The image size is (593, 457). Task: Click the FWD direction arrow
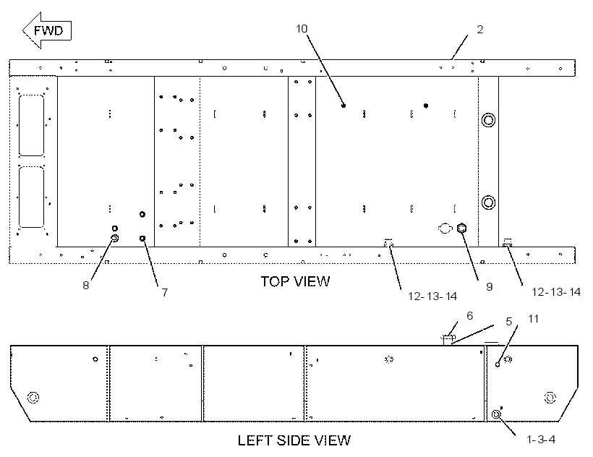[x=46, y=30]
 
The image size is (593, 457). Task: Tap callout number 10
[x=302, y=29]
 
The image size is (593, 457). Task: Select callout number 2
[x=480, y=30]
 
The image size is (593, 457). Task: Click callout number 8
[x=86, y=286]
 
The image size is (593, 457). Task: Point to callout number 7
[x=165, y=293]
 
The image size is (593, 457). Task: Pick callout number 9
[x=489, y=287]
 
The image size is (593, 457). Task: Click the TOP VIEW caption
[x=295, y=281]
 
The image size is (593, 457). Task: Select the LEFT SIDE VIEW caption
[x=294, y=440]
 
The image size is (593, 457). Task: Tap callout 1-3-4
[x=541, y=439]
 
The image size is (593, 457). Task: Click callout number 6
[x=470, y=315]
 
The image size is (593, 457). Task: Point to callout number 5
[x=508, y=321]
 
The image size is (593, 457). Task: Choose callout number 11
[x=533, y=319]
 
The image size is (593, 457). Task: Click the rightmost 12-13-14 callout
[x=556, y=292]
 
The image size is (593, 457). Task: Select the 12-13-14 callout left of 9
[x=432, y=296]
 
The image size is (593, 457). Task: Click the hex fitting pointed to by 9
[x=462, y=228]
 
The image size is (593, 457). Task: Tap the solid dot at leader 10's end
[x=344, y=106]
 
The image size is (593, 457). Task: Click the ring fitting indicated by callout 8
[x=114, y=238]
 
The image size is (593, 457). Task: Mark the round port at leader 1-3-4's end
[x=496, y=414]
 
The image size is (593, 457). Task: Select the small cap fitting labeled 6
[x=448, y=338]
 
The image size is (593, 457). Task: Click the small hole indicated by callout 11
[x=498, y=364]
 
